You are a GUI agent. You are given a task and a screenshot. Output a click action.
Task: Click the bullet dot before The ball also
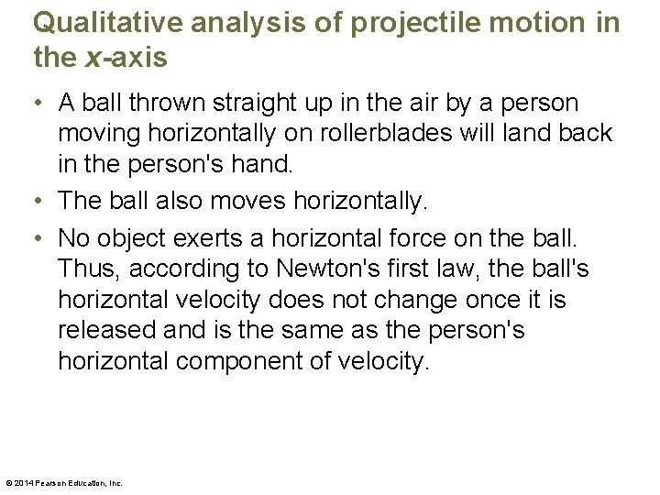40,201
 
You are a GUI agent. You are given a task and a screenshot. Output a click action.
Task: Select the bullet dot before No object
40,239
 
